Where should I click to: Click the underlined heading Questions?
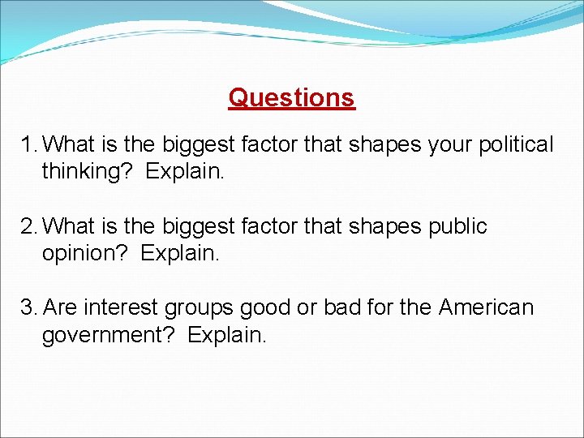(x=291, y=97)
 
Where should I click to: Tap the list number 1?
(x=28, y=145)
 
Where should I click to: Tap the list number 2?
(x=29, y=226)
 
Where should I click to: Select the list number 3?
(x=29, y=308)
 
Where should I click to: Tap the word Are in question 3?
(x=61, y=308)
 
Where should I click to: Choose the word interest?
(x=122, y=308)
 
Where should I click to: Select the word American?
(x=487, y=308)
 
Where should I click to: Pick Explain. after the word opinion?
(x=180, y=254)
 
